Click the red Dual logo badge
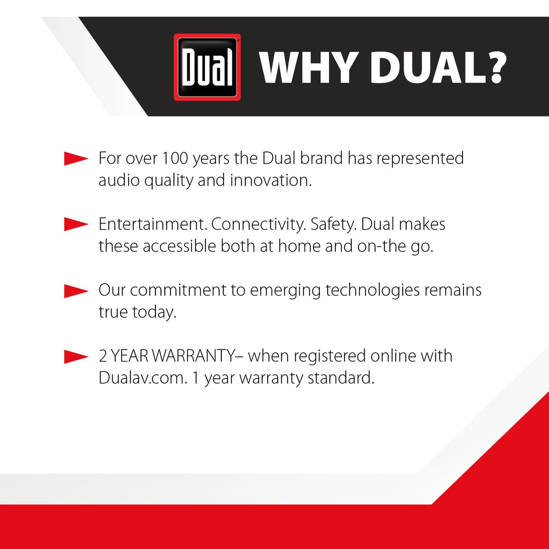(207, 67)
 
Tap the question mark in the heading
(494, 68)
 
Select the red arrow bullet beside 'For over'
(76, 158)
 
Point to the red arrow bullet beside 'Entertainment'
(76, 224)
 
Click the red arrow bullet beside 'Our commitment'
(76, 291)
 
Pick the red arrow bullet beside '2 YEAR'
(76, 357)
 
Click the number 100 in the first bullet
(175, 158)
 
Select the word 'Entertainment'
(151, 224)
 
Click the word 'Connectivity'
(257, 224)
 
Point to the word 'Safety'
(332, 224)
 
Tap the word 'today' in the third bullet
(152, 313)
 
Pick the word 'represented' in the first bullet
(420, 158)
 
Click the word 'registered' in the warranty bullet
(330, 356)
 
